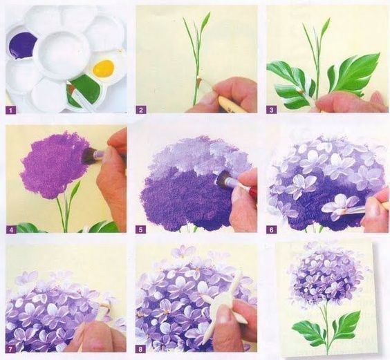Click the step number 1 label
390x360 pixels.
tap(10, 110)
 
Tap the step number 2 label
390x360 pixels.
tap(141, 110)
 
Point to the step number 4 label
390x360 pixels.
tap(11, 229)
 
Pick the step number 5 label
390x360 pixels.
tap(141, 229)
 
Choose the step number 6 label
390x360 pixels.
tap(271, 229)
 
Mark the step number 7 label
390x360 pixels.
tap(10, 349)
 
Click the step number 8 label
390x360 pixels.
tap(141, 349)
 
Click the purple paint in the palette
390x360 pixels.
tap(22, 45)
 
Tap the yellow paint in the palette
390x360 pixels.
tap(104, 68)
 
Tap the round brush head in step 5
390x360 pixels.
tap(222, 180)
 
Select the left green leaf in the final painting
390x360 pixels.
tap(309, 332)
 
